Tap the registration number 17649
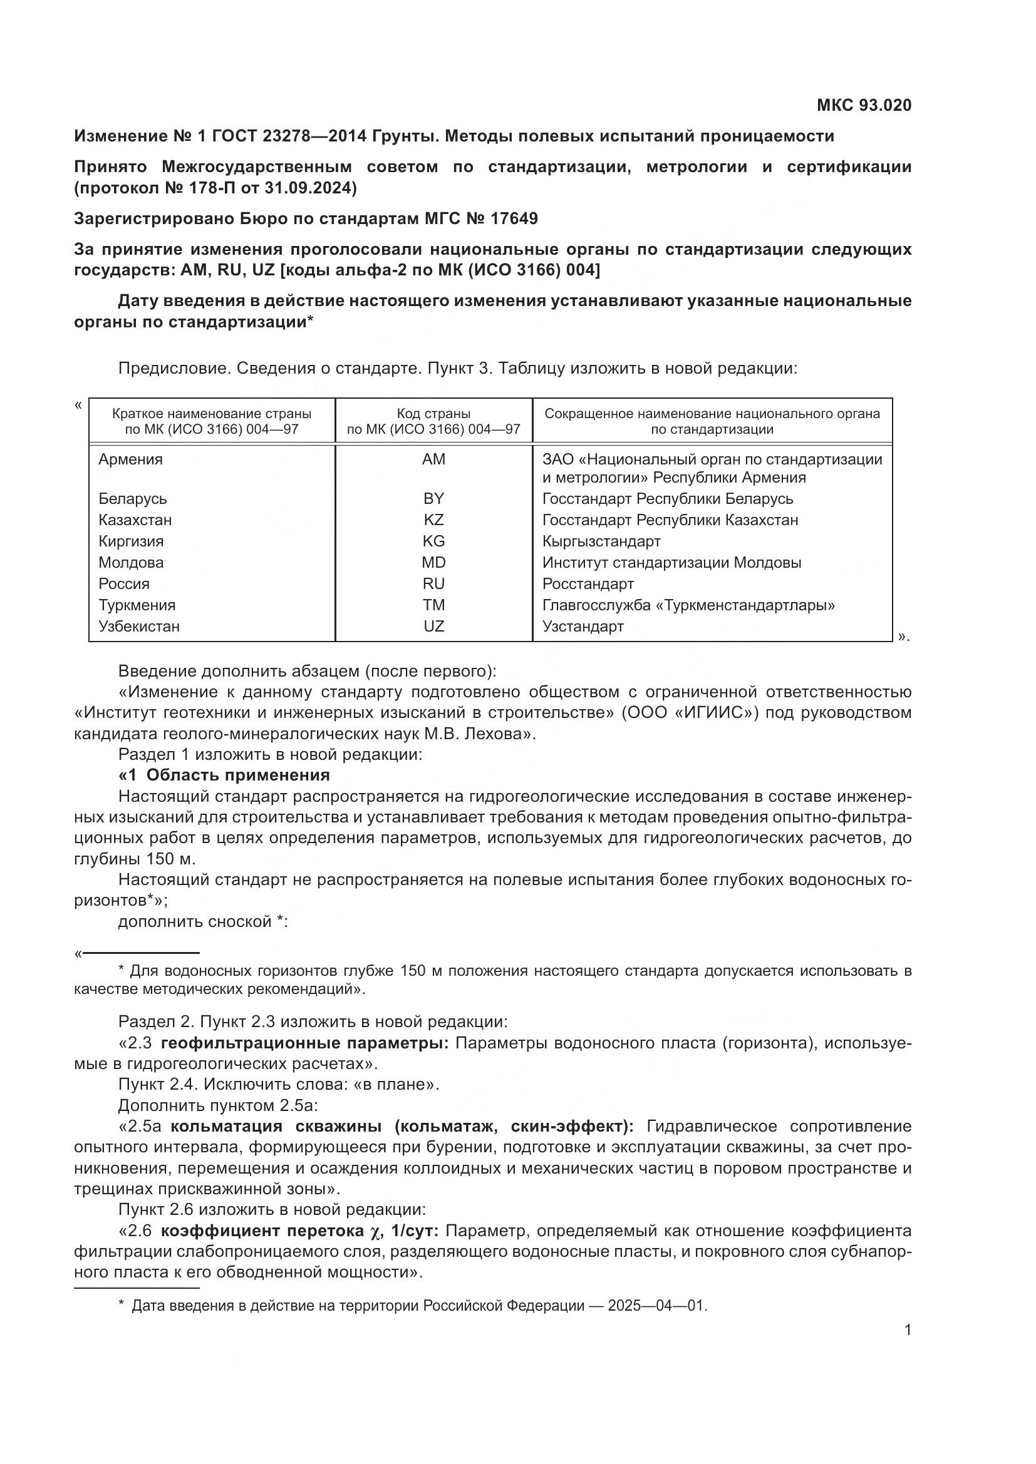click(x=514, y=218)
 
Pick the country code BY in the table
click(x=433, y=499)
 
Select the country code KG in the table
click(x=433, y=541)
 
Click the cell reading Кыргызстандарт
click(x=601, y=541)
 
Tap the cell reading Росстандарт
click(x=588, y=584)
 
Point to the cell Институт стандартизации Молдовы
click(x=671, y=563)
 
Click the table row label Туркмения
click(x=137, y=605)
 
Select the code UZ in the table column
click(x=433, y=626)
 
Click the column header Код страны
click(x=433, y=413)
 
